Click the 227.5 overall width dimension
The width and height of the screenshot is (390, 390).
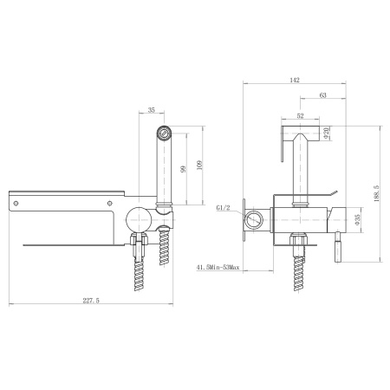coord(91,301)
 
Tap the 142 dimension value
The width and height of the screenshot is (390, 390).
coord(295,80)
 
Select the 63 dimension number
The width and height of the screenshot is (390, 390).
coord(323,95)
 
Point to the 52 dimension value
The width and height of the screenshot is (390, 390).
coord(301,116)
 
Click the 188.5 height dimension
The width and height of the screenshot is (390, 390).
coord(377,193)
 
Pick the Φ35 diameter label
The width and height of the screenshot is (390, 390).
coord(357,219)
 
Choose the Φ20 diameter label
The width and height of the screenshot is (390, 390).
coord(326,133)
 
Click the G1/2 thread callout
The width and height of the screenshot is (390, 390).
coord(223,207)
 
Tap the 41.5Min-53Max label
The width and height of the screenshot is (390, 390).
coord(218,268)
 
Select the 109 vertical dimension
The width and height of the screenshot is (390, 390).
coord(199,166)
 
